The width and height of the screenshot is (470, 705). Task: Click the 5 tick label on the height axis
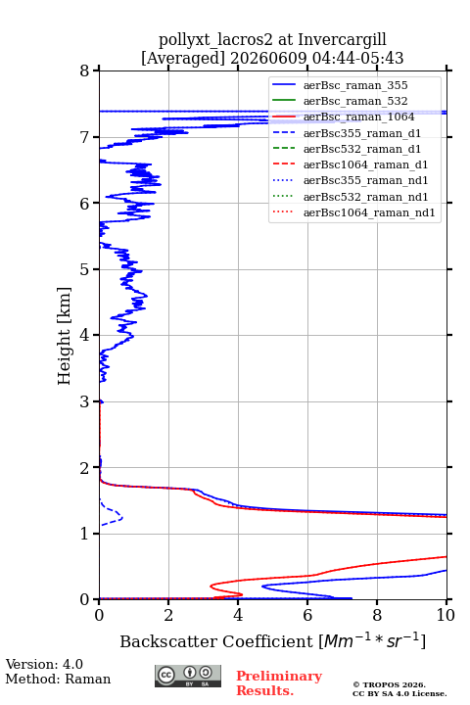click(x=85, y=270)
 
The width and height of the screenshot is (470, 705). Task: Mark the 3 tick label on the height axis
click(x=85, y=402)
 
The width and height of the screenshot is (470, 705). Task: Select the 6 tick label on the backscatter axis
click(x=307, y=615)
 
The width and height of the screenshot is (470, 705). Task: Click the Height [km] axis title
click(x=65, y=336)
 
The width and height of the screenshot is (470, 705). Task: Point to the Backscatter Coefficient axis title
click(x=272, y=640)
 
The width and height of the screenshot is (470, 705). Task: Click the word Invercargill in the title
click(x=342, y=40)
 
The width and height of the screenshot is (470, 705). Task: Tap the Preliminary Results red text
click(x=279, y=682)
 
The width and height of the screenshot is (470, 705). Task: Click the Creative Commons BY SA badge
click(x=188, y=676)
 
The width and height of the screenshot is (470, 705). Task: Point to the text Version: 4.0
click(x=44, y=664)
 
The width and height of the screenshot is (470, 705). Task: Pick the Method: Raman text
click(x=58, y=679)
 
